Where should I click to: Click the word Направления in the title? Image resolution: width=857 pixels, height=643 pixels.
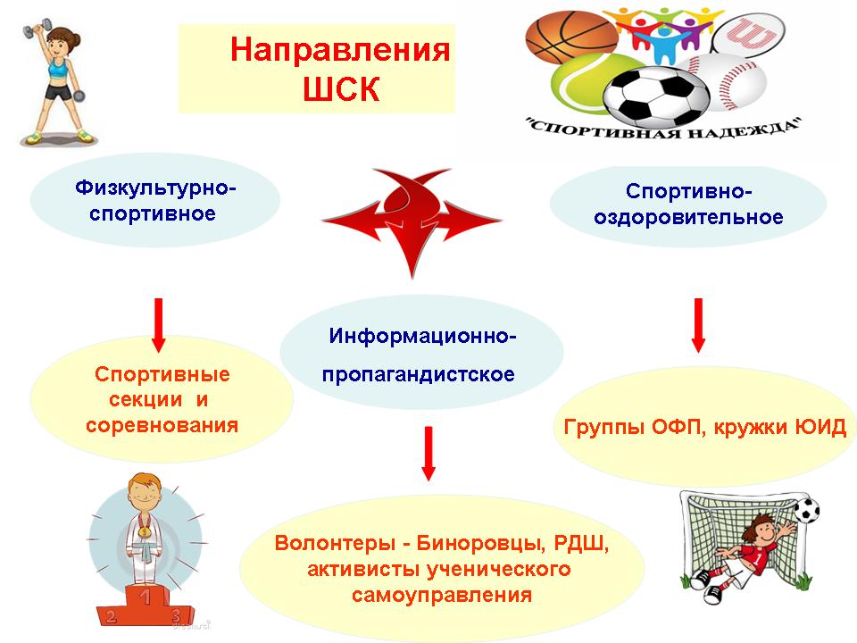tap(340, 50)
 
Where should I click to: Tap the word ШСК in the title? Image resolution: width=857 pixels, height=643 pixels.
tap(341, 88)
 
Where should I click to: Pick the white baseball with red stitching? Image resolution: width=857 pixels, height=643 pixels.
tap(732, 81)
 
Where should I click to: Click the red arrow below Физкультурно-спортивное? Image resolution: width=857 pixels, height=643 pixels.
tap(159, 325)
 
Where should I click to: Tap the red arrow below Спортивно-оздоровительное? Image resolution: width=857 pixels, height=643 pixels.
tap(698, 325)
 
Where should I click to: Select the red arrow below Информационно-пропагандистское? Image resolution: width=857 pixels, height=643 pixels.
tap(428, 454)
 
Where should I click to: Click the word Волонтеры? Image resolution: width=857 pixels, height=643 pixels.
tap(334, 543)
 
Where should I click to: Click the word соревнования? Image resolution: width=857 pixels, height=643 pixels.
tap(162, 425)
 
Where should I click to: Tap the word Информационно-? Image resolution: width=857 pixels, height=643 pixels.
tap(422, 336)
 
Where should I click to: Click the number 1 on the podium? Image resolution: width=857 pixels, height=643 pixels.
tap(145, 597)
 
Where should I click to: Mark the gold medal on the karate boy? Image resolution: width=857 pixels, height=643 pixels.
tap(144, 530)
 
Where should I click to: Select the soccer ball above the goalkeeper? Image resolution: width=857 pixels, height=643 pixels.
tap(807, 511)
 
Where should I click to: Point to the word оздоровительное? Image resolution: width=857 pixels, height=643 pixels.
tap(688, 218)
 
